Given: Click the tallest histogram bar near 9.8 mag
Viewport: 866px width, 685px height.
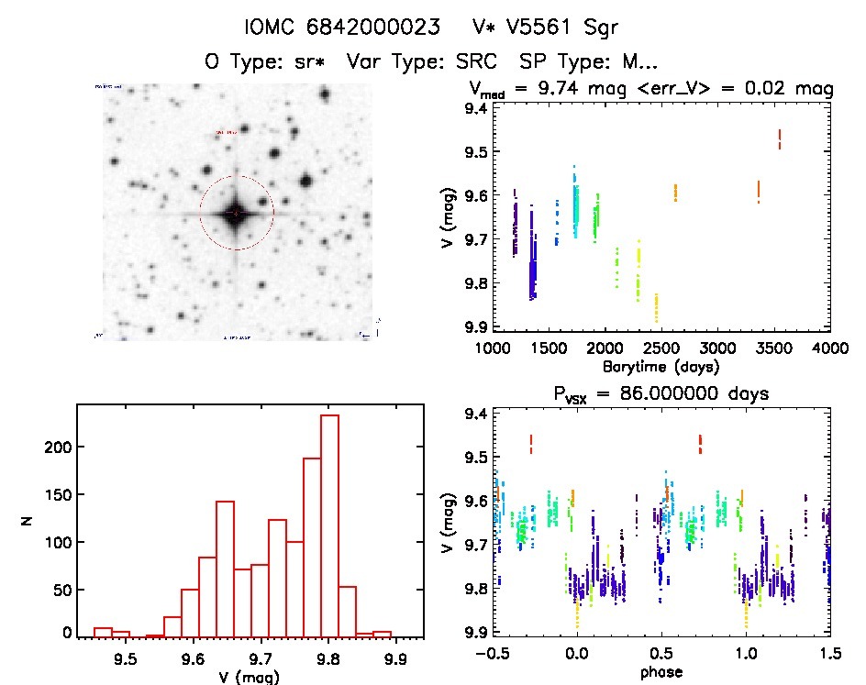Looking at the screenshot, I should (x=330, y=524).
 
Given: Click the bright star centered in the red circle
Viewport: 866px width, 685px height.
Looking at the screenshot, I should (x=237, y=213).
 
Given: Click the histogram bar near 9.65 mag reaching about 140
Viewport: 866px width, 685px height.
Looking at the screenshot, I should (x=225, y=568).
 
